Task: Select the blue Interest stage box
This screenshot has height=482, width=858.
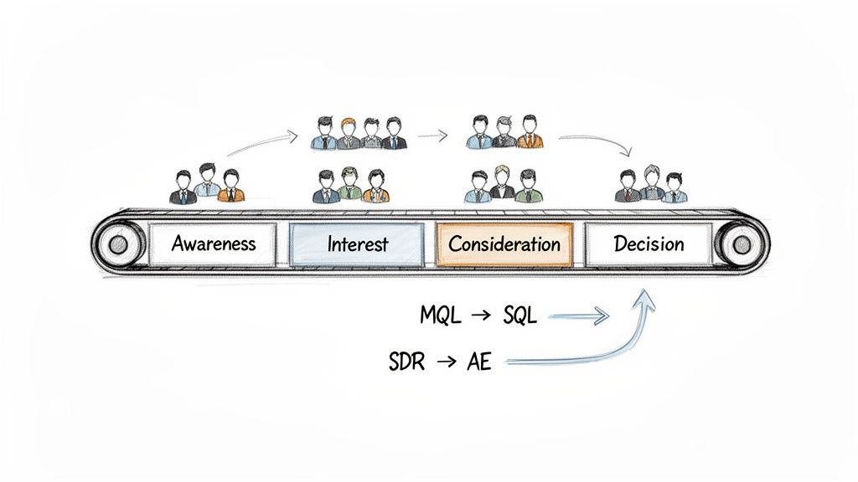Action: [358, 244]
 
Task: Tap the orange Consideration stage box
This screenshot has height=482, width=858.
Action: [504, 244]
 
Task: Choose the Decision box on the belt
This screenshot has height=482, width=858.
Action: [649, 244]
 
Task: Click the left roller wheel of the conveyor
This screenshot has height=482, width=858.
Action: [118, 244]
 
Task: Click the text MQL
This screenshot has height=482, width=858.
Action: [440, 316]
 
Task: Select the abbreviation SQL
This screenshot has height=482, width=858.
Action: [520, 316]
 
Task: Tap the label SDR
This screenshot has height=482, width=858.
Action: [408, 362]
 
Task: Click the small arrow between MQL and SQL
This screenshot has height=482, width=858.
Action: [481, 316]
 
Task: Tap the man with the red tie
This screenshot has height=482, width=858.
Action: [626, 186]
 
